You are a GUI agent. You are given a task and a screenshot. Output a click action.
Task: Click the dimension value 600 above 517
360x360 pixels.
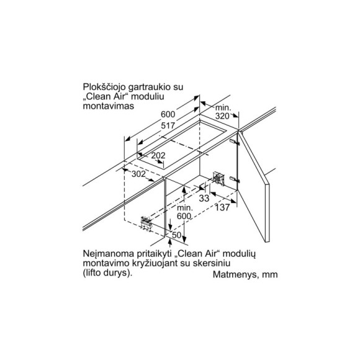(168, 114)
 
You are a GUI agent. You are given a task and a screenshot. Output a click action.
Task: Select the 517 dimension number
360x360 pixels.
(168, 125)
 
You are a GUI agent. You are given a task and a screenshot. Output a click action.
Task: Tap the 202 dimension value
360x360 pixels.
(158, 155)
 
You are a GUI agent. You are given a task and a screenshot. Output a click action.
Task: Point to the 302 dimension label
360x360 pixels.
(138, 174)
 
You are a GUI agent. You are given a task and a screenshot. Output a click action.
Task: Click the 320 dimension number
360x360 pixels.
(222, 116)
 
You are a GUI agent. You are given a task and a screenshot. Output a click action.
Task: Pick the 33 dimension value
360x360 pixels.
(204, 199)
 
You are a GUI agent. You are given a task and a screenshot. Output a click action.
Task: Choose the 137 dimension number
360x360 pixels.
(222, 207)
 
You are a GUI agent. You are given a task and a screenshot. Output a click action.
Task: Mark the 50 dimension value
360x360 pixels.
(176, 235)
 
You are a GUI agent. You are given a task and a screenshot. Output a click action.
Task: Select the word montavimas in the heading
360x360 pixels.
(109, 106)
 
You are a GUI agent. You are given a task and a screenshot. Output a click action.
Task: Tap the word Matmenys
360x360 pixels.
(234, 275)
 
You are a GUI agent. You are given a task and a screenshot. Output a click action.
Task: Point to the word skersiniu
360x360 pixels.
(212, 263)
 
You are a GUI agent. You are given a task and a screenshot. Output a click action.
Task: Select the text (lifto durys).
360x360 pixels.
(107, 273)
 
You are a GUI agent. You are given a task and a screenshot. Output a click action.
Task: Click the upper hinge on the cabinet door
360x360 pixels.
(235, 142)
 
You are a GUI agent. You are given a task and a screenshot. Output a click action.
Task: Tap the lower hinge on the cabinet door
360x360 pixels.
(235, 179)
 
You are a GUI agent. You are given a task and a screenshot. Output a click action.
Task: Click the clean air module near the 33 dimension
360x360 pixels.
(218, 178)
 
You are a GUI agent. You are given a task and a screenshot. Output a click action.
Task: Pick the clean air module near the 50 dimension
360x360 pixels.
(146, 223)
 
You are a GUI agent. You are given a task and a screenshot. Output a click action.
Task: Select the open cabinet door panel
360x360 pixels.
(254, 186)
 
